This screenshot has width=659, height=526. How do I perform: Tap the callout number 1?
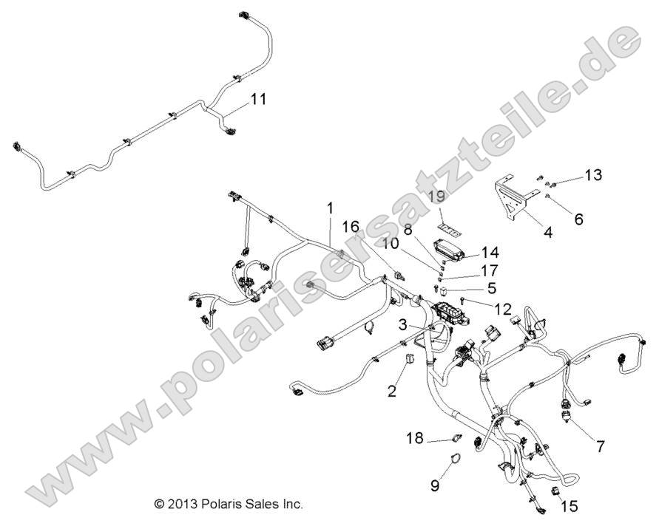331,210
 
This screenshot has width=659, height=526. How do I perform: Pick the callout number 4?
548,232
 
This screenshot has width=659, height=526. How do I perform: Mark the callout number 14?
490,252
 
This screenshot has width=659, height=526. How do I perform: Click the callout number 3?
402,324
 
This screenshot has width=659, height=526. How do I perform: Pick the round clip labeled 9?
452,463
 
